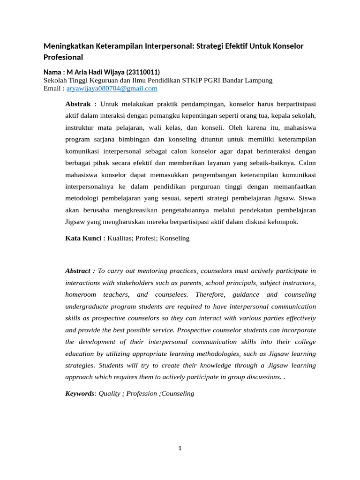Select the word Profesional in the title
click(63, 57)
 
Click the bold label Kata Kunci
click(85, 238)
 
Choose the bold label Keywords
click(80, 393)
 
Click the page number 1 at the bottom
click(180, 448)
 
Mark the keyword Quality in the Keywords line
click(109, 393)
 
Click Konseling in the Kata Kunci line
click(175, 238)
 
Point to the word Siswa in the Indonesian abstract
click(307, 198)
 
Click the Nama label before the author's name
click(52, 72)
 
